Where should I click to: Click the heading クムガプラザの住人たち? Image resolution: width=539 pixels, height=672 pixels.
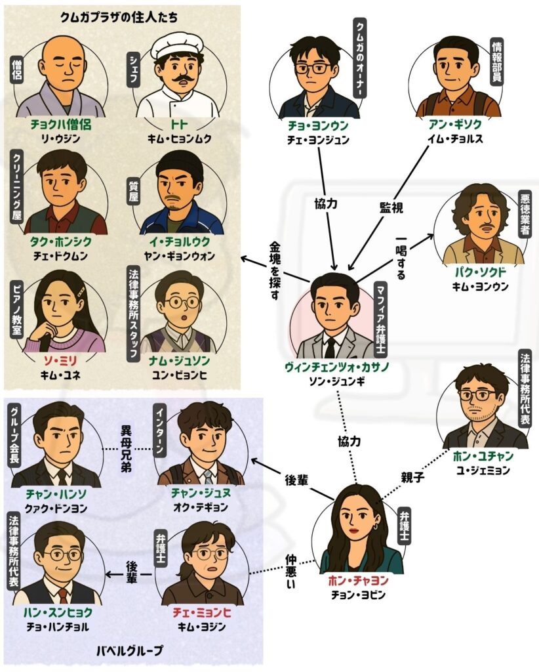(x=119, y=17)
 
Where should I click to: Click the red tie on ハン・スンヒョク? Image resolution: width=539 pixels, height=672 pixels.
(x=62, y=595)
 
